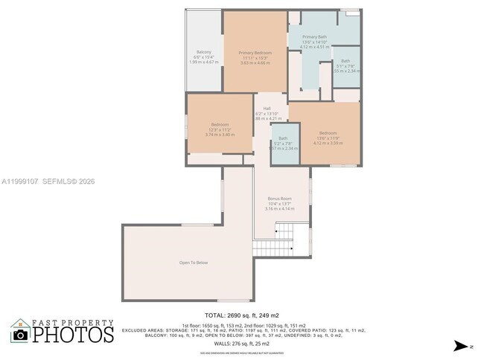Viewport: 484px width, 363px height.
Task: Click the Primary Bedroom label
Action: [x=255, y=53]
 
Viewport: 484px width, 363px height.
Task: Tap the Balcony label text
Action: [x=203, y=52]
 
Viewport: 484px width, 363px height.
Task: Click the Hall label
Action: [x=267, y=108]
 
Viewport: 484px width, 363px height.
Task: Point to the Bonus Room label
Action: [x=279, y=199]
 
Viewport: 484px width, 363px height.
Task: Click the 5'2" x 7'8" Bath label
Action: [x=283, y=143]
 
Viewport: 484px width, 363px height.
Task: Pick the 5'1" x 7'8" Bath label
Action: [x=346, y=66]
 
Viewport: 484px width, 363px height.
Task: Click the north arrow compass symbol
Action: [x=462, y=346]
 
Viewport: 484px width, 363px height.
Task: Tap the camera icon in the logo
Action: [x=21, y=335]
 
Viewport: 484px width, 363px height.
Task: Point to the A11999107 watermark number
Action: [x=19, y=181]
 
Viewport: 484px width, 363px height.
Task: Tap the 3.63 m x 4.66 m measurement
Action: [x=255, y=62]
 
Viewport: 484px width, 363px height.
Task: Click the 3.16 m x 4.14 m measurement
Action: [x=279, y=209]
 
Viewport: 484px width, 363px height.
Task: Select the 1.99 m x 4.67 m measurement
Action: [x=203, y=62]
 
